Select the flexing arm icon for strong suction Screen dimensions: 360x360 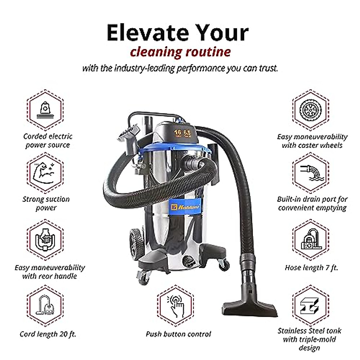click(45, 173)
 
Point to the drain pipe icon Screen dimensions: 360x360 click(311, 173)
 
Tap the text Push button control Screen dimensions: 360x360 click(178, 334)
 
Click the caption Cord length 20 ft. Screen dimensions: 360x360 click(48, 334)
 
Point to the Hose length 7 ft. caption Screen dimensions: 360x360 click(311, 268)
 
